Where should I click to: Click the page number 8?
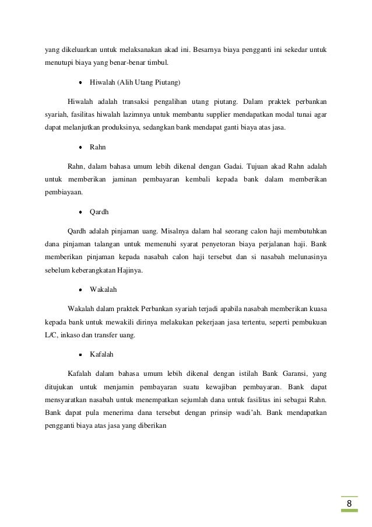tap(349, 504)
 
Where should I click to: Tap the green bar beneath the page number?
tap(349, 512)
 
